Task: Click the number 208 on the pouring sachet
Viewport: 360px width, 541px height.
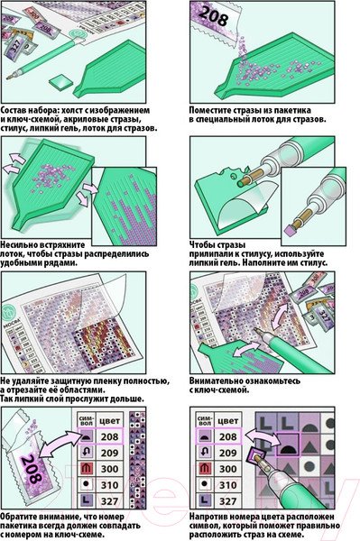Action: pyautogui.click(x=214, y=16)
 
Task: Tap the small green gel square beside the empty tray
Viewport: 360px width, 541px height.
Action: pyautogui.click(x=60, y=82)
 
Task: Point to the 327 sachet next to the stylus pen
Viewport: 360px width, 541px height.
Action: pyautogui.click(x=14, y=44)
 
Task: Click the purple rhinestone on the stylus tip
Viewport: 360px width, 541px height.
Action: pyautogui.click(x=290, y=230)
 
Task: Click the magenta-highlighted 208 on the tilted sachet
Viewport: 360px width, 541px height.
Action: pyautogui.click(x=32, y=469)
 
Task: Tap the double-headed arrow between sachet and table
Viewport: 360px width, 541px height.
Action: pyautogui.click(x=62, y=447)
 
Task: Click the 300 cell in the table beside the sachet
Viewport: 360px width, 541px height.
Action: pyautogui.click(x=109, y=469)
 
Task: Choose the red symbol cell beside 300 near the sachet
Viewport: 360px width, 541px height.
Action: pyautogui.click(x=86, y=469)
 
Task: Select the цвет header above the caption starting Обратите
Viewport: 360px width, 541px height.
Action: pyautogui.click(x=109, y=420)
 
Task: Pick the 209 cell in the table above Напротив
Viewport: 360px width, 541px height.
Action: pyautogui.click(x=227, y=453)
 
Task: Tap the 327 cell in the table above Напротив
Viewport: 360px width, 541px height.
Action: pyautogui.click(x=227, y=501)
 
